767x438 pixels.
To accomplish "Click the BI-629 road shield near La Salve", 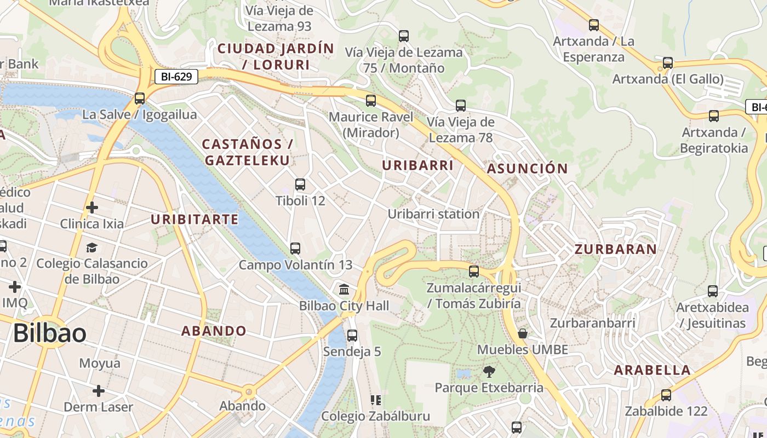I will [x=176, y=77].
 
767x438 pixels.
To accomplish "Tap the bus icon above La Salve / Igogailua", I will [x=140, y=99].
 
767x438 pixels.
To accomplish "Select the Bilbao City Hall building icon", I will [x=345, y=289].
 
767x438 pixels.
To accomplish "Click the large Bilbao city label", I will [x=50, y=333].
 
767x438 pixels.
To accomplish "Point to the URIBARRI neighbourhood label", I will [x=418, y=165].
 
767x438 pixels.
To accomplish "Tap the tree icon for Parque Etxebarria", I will [x=489, y=372].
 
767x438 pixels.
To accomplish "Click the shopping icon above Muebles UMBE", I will [x=523, y=333].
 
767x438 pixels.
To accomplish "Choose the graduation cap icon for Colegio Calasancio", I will [x=91, y=248].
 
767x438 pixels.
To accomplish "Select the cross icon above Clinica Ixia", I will [x=92, y=208].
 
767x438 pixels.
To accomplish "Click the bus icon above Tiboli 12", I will [x=300, y=185].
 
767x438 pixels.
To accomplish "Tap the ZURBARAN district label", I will [x=615, y=250].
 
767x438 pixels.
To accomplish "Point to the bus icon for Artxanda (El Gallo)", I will [x=668, y=63].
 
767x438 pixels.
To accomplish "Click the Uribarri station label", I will [x=433, y=214].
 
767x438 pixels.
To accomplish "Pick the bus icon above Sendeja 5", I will [x=352, y=335].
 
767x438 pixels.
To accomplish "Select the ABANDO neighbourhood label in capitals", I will [x=214, y=331].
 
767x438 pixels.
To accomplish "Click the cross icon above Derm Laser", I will [x=99, y=391].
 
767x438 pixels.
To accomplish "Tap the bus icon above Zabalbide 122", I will [x=666, y=395].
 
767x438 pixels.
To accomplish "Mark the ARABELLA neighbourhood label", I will [x=652, y=370].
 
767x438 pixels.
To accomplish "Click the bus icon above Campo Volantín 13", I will [x=295, y=249].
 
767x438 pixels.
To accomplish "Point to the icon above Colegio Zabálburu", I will [x=376, y=400].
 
